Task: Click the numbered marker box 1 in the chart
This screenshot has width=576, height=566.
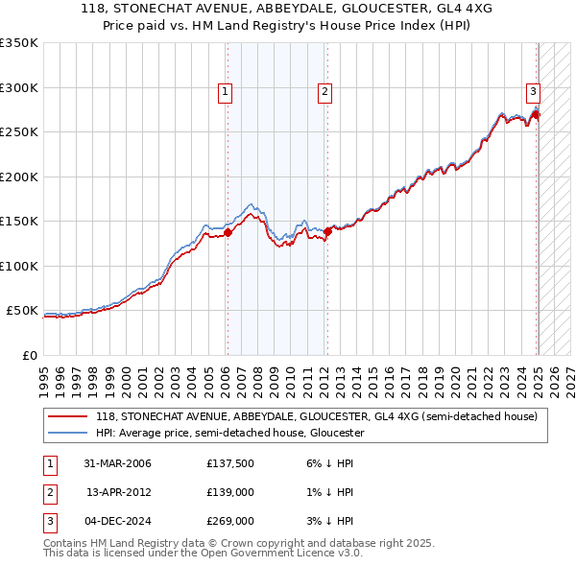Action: (x=225, y=92)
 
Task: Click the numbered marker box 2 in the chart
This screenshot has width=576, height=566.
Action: (x=325, y=92)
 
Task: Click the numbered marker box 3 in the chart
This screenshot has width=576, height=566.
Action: (x=532, y=92)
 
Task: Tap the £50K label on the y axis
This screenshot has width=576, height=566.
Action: (x=22, y=311)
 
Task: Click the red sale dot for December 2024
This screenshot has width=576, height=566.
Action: (x=536, y=115)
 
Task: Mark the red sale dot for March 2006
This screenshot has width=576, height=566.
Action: (x=228, y=232)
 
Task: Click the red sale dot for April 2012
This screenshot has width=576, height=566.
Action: (x=327, y=230)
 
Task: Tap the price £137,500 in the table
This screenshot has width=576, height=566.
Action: (x=228, y=463)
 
